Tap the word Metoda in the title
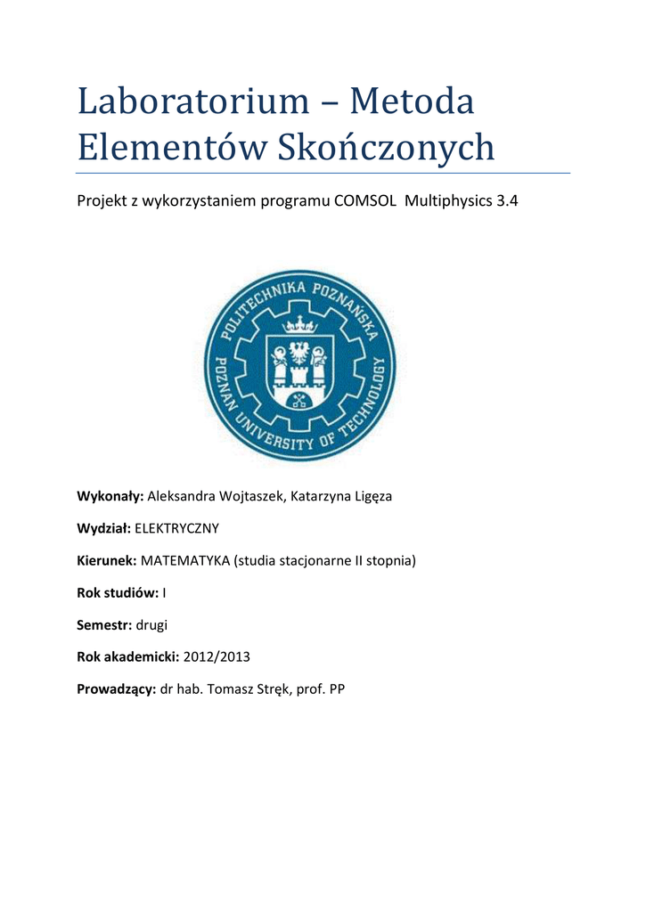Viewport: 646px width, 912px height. (412, 102)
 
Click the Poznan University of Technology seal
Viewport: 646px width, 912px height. (299, 366)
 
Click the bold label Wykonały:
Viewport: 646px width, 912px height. (110, 496)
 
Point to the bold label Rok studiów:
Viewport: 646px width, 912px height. (119, 593)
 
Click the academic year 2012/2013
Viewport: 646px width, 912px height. (217, 657)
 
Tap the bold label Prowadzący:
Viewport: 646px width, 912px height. (117, 690)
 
